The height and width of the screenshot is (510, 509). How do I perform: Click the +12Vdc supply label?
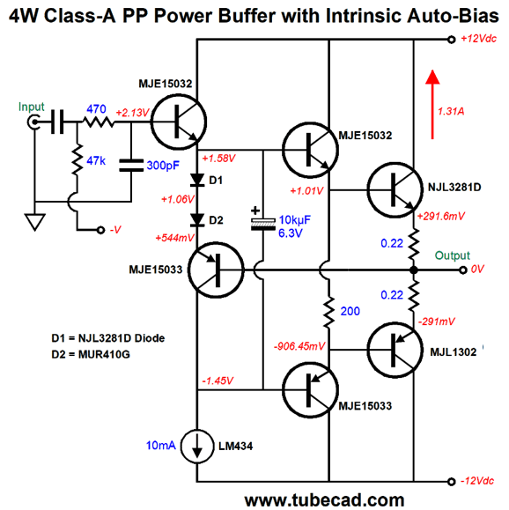478,39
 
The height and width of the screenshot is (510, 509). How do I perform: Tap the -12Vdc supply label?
477,481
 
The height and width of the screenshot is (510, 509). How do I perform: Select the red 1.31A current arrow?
432,105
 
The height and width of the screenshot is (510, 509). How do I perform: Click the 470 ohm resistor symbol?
99,122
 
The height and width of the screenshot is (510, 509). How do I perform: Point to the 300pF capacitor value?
163,166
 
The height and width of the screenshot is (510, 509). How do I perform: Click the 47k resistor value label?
96,160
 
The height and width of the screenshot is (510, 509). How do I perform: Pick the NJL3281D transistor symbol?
395,190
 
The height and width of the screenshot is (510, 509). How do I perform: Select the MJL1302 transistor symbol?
395,350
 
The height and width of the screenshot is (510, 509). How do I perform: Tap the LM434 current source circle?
197,446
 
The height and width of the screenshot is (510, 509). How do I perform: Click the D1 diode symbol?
197,180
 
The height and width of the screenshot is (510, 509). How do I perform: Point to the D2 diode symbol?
197,220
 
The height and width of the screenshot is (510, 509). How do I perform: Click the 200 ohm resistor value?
350,311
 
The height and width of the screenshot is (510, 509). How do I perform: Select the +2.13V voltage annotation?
132,113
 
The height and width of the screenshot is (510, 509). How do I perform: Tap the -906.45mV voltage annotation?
299,346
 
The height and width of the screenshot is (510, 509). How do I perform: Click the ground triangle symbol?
35,222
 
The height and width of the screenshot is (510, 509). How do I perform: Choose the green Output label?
453,255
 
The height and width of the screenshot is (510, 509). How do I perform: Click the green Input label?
31,107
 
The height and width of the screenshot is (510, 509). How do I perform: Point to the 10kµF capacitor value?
295,220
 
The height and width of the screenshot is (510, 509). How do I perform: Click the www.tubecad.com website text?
324,500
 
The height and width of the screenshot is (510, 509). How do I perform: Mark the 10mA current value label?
160,446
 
